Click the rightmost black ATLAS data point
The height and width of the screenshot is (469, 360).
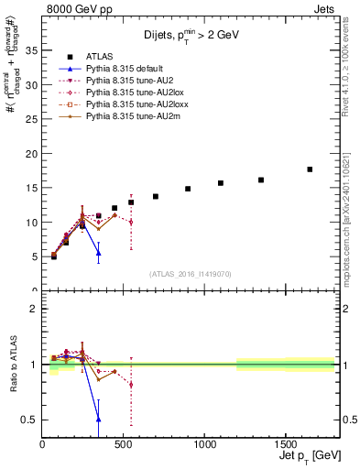310,169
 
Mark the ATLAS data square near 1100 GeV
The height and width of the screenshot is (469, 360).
221,183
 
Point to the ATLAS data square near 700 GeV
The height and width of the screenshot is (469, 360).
156,196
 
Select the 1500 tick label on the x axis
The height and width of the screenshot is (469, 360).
286,443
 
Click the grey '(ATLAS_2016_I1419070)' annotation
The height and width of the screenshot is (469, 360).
191,274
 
